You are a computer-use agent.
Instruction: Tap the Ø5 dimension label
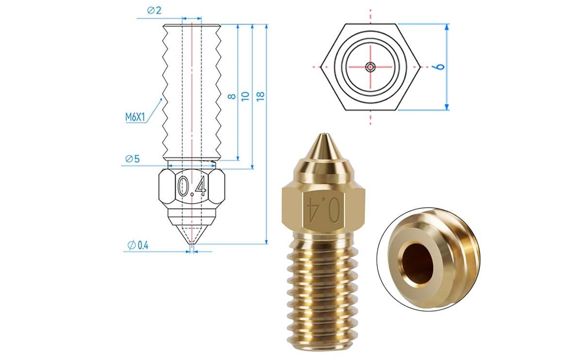(132, 159)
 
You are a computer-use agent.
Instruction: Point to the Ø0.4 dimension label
(138, 245)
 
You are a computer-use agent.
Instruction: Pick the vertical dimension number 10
(246, 96)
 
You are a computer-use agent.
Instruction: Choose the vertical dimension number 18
(260, 96)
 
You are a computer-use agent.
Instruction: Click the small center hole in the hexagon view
(371, 67)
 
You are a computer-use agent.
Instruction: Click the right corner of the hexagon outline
(420, 66)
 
